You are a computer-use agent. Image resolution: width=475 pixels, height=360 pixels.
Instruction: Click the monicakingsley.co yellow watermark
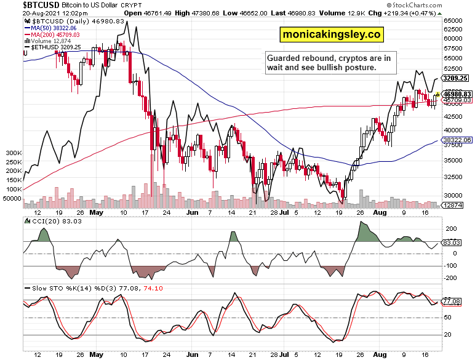pos(330,34)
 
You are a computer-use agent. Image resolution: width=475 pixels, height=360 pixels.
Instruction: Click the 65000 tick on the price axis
pos(453,20)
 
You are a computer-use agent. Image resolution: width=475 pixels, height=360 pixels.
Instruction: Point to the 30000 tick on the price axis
pos(453,195)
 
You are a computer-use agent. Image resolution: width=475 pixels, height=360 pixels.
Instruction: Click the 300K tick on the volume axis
pos(11,152)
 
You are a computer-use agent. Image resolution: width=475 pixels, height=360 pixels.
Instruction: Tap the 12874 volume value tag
pos(454,205)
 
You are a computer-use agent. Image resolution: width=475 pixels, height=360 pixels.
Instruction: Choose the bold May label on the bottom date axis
pos(96,354)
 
